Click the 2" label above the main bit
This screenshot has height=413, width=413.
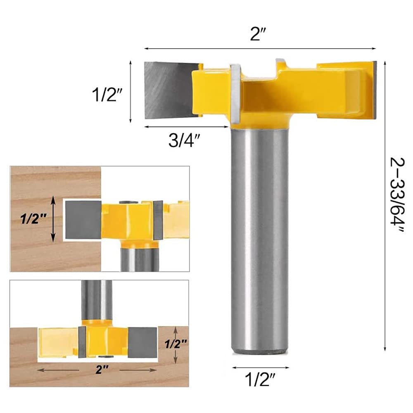click(x=258, y=34)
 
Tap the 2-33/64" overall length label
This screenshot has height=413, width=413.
click(x=397, y=195)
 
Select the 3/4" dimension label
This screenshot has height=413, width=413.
click(x=184, y=140)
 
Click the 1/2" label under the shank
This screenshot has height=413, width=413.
click(x=260, y=380)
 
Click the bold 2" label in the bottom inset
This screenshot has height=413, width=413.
click(x=102, y=370)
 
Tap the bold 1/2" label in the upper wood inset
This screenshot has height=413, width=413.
click(x=33, y=218)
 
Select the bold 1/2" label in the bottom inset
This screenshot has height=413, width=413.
click(x=176, y=344)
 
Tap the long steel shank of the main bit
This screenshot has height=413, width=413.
click(x=259, y=240)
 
